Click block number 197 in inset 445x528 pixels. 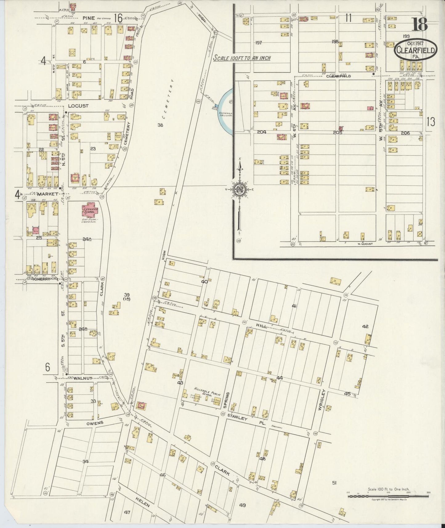258,43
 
